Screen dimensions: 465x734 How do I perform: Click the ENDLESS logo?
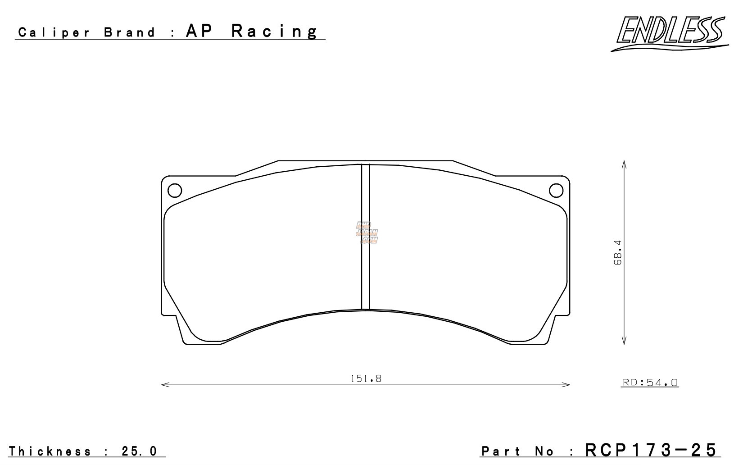pyautogui.click(x=670, y=32)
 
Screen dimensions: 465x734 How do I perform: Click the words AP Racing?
pyautogui.click(x=252, y=32)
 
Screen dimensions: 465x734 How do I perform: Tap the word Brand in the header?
pyautogui.click(x=129, y=33)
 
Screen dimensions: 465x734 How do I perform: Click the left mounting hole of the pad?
pyautogui.click(x=175, y=191)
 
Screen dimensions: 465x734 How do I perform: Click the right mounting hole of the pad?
pyautogui.click(x=557, y=191)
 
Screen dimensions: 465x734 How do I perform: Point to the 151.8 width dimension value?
pyautogui.click(x=366, y=379)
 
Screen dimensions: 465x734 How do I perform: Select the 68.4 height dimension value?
pyautogui.click(x=618, y=252)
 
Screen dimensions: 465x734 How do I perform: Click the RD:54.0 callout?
pyautogui.click(x=650, y=383)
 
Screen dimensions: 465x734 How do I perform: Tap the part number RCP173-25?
pyautogui.click(x=650, y=450)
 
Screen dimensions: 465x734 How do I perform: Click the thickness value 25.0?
pyautogui.click(x=140, y=451)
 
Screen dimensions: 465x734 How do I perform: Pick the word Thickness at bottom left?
pyautogui.click(x=50, y=451)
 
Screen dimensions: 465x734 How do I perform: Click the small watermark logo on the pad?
pyautogui.click(x=367, y=232)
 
